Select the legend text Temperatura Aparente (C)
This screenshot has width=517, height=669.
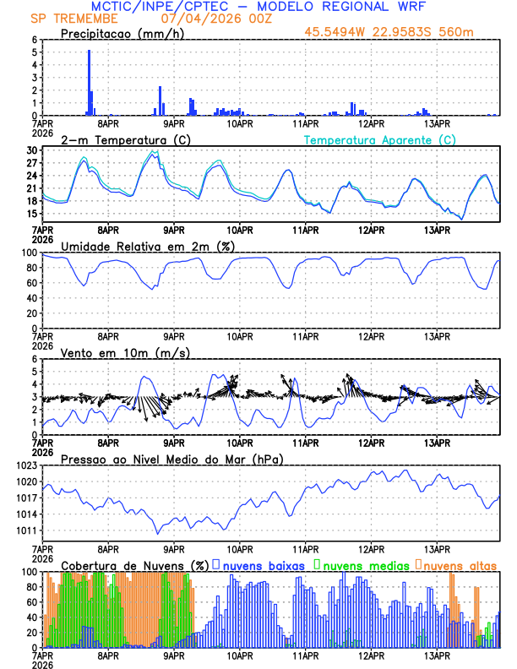coord(380,139)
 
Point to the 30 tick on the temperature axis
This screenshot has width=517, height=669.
coord(32,150)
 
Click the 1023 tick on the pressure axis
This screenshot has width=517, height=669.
coord(27,465)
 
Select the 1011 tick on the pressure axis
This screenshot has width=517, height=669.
coord(27,530)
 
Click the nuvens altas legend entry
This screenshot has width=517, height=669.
coord(456,565)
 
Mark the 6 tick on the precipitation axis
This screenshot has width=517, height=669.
coord(34,40)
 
